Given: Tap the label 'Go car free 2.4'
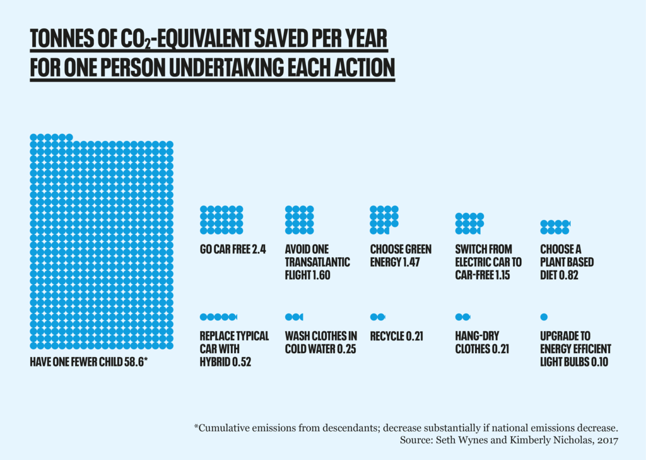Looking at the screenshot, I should pos(233,250).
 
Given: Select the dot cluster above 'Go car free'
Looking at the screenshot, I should pos(221,220).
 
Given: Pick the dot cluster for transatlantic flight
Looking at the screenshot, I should pos(299,220).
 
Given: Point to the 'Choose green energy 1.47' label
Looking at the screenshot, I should pos(401,256).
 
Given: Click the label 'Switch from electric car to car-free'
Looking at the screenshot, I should pos(488,262).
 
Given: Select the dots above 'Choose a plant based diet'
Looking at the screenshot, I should pos(555,224).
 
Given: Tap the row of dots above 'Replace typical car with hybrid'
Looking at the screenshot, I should pos(218,317).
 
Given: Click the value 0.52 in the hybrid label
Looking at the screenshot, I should pos(238,362).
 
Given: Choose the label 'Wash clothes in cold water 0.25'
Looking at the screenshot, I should pos(320,342).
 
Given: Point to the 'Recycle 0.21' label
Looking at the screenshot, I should pos(396,336).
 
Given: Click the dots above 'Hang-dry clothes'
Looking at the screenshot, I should pos(462,317).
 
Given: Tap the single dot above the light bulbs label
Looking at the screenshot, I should pos(544,317).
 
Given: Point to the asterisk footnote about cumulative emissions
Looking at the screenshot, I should pos(405,428).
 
